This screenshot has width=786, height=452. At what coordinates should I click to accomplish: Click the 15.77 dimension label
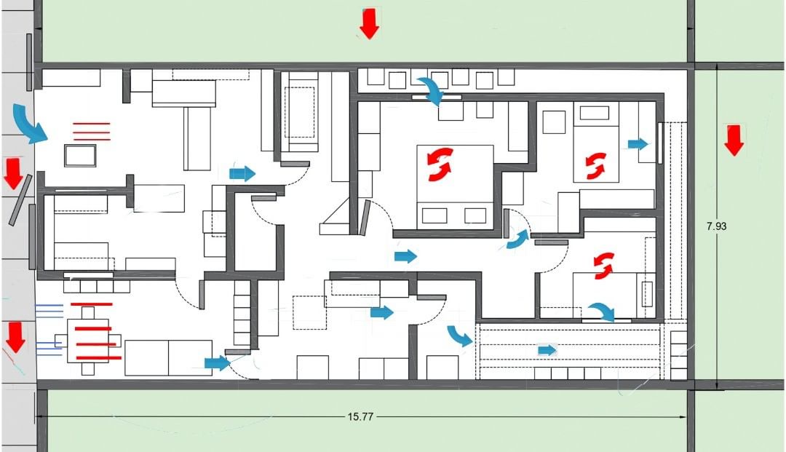click(360, 416)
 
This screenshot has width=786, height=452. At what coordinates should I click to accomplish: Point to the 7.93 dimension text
click(716, 226)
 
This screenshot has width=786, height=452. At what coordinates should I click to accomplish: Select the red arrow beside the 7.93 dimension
click(734, 140)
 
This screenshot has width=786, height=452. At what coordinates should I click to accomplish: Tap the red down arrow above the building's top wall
click(370, 23)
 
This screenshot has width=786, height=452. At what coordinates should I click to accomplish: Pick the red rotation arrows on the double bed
click(440, 164)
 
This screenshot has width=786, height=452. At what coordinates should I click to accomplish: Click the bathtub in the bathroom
click(300, 112)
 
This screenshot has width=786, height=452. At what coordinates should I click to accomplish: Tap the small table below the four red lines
click(80, 155)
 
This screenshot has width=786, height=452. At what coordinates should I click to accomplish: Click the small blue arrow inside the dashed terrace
click(547, 350)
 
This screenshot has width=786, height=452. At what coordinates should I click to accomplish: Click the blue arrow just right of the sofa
click(242, 174)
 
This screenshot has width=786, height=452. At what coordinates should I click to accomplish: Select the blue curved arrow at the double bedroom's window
click(431, 90)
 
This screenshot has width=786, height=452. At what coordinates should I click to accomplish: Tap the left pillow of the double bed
click(434, 215)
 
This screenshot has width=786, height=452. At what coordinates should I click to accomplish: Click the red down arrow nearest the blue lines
click(15, 337)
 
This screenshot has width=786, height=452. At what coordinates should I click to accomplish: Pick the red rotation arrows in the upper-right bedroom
click(595, 166)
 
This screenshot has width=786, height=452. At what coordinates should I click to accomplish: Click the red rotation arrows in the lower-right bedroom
click(603, 265)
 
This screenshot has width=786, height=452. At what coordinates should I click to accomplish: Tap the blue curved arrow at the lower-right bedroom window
click(602, 312)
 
